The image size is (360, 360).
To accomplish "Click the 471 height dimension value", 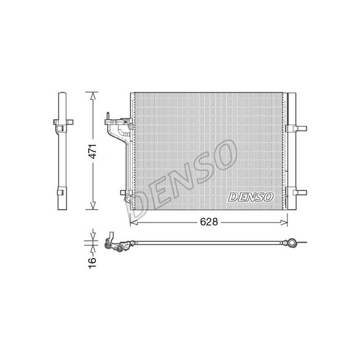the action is (x=93, y=151).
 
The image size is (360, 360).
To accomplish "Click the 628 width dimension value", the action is (x=209, y=222).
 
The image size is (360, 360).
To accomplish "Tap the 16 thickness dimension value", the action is (x=92, y=263).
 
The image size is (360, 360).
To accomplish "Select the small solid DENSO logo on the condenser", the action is (x=251, y=197).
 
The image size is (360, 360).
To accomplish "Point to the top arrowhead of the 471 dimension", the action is (x=93, y=96).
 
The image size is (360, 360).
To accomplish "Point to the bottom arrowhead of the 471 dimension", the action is (x=93, y=206).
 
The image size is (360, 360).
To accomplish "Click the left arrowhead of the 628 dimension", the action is (x=134, y=222).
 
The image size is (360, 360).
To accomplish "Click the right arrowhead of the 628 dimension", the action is (x=284, y=222).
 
